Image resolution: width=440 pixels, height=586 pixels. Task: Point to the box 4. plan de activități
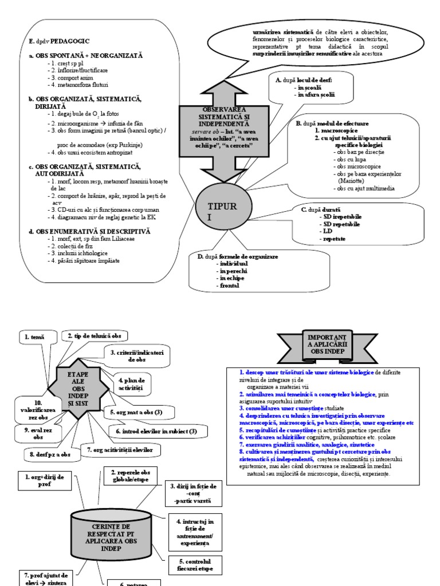click(132, 384)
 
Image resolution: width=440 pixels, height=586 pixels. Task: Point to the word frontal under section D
click(227, 285)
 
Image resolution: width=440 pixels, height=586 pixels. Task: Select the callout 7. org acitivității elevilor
click(120, 450)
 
